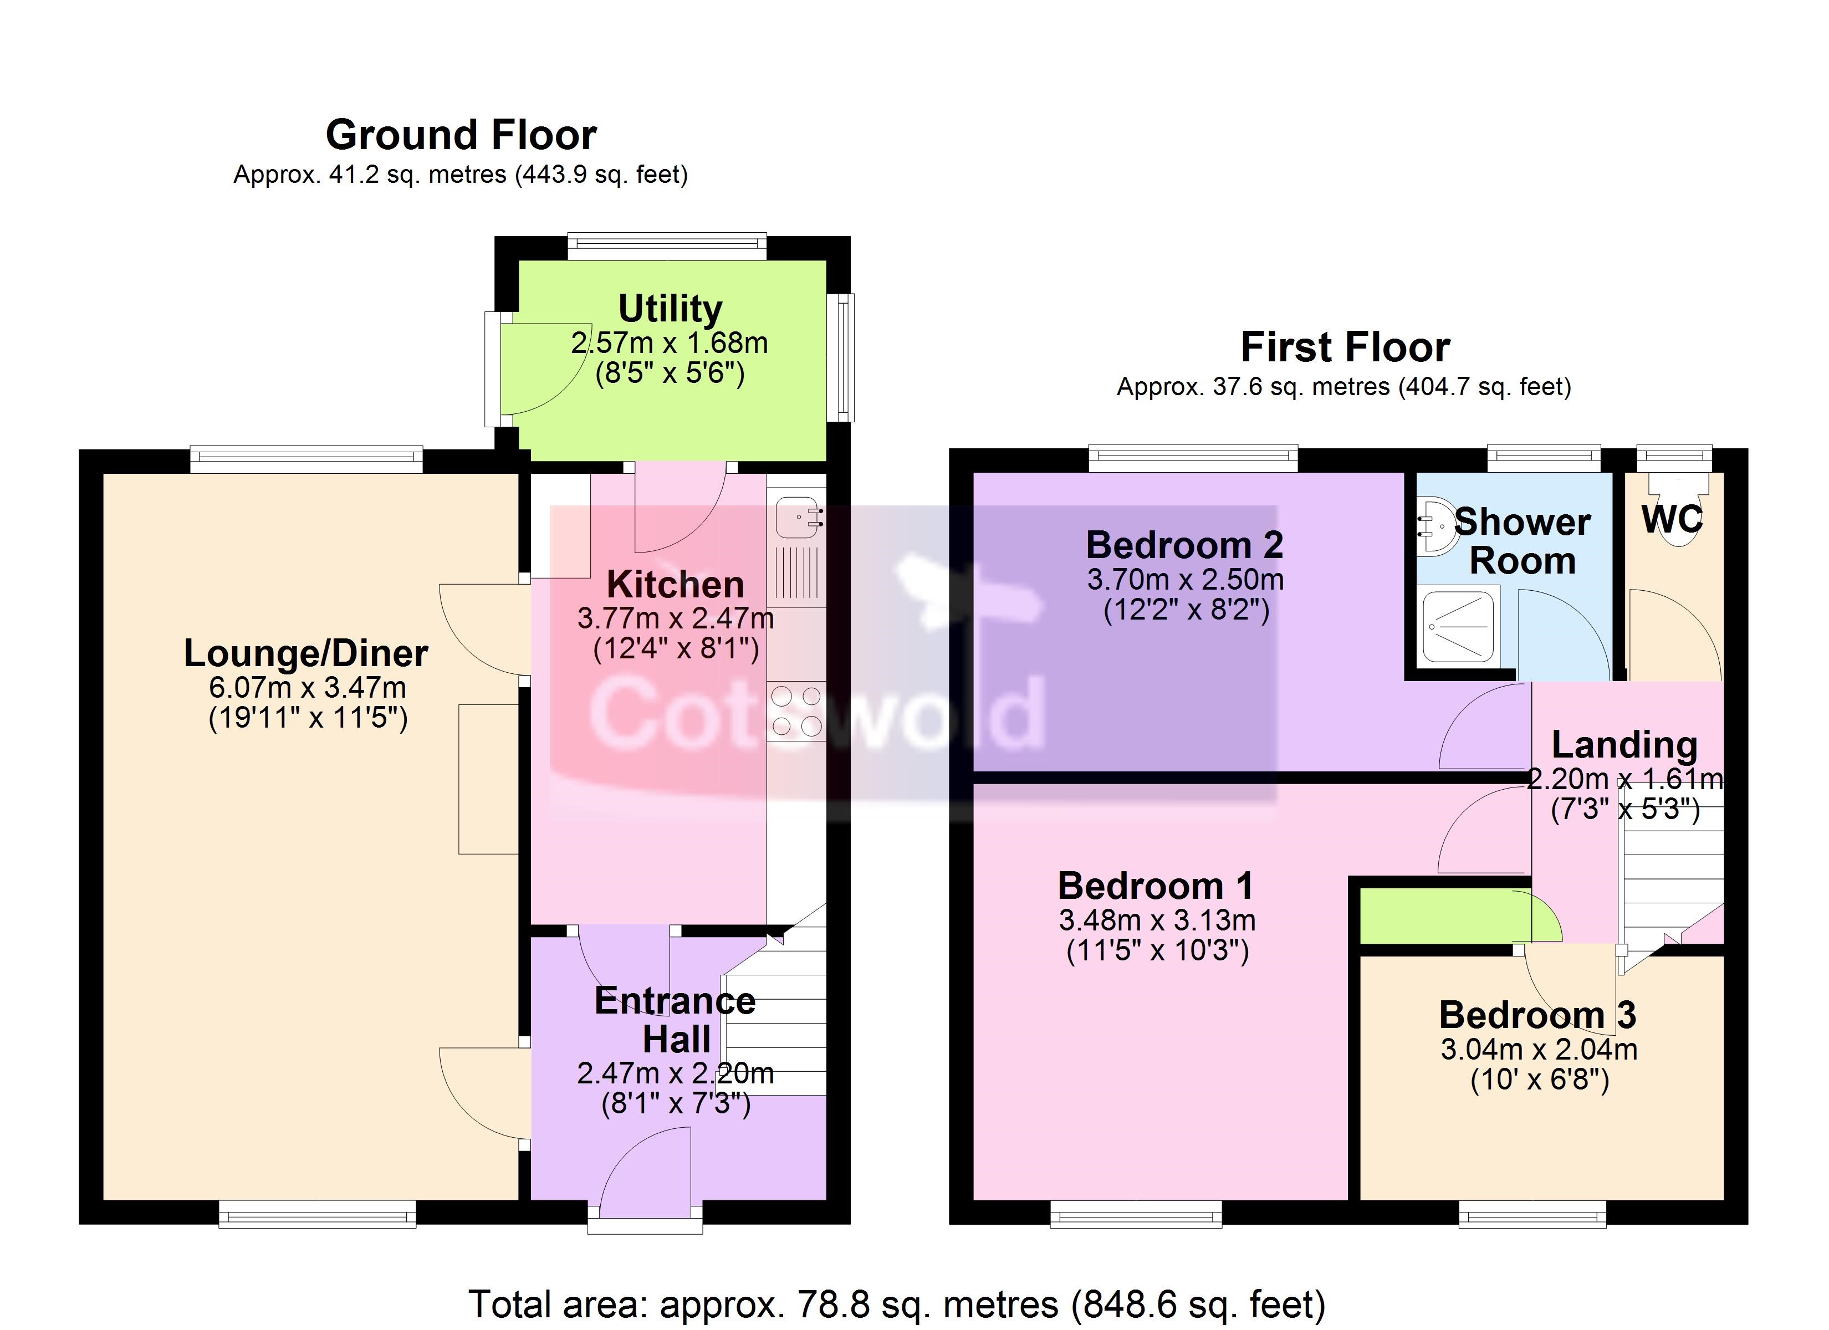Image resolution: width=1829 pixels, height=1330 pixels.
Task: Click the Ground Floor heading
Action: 461,135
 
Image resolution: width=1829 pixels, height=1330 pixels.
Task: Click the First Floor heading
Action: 1345,347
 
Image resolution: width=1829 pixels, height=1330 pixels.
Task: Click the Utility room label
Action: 670,308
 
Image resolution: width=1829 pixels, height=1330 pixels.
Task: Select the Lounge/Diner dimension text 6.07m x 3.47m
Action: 307,687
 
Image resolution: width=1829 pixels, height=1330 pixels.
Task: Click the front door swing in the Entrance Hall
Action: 645,1172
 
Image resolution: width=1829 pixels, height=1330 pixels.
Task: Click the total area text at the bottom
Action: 897,1304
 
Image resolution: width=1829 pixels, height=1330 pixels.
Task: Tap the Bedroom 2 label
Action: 1184,545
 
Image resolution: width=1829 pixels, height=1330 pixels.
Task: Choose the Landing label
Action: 1624,744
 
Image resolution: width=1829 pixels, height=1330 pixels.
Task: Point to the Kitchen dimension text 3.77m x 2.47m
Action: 675,618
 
